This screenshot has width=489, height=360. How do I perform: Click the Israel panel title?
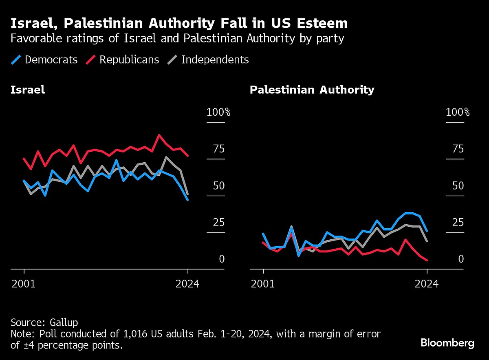click(28, 90)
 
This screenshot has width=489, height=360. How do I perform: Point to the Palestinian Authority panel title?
click(312, 90)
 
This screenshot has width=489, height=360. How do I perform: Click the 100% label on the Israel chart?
click(218, 112)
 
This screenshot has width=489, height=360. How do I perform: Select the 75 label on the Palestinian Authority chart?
click(458, 149)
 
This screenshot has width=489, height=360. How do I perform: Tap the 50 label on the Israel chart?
click(219, 186)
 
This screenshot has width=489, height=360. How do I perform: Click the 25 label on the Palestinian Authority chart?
click(458, 223)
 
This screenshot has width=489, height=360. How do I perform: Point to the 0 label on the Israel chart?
click(222, 259)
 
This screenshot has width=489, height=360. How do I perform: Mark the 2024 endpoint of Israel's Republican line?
click(187, 156)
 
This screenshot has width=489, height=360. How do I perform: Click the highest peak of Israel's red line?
click(159, 135)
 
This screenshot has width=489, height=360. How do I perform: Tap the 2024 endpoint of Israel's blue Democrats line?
click(187, 200)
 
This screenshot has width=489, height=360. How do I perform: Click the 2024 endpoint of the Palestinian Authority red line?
click(427, 260)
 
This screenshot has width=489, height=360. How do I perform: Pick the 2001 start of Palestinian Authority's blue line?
click(263, 234)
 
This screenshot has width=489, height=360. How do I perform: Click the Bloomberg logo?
click(447, 343)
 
